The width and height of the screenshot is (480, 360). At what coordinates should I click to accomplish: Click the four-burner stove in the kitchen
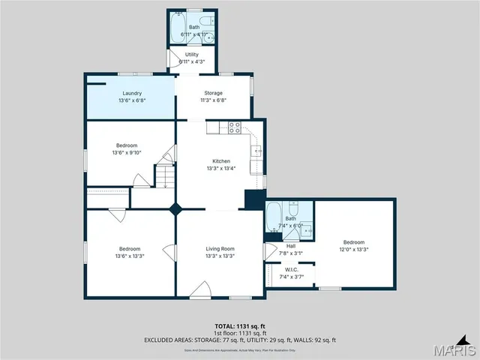(x=235, y=127)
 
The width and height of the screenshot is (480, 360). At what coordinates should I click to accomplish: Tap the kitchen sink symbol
(x=257, y=151)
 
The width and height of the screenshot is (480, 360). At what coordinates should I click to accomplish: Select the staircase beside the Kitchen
(x=165, y=177)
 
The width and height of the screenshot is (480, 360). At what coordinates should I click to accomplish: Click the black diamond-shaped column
(x=176, y=209)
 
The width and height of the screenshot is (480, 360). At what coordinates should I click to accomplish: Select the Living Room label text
(x=220, y=248)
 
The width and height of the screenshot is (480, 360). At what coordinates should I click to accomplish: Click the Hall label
(x=290, y=246)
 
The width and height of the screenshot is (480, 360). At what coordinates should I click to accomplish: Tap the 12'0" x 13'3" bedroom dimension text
(x=353, y=249)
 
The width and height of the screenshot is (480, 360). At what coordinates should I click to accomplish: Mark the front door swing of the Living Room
(x=199, y=290)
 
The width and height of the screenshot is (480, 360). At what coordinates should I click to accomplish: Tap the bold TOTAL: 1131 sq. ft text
(x=240, y=326)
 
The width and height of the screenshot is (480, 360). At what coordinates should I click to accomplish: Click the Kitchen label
(x=220, y=161)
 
